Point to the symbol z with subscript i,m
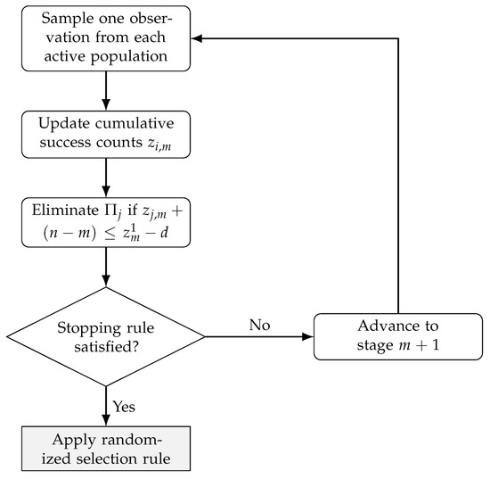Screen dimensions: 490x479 [159, 145]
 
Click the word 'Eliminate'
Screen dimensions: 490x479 [65, 210]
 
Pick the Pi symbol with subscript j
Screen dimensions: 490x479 [113, 211]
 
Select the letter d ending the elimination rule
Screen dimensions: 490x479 [164, 233]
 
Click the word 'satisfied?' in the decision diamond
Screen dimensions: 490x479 [106, 347]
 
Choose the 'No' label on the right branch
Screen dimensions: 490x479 [259, 325]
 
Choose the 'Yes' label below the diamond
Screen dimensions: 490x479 [124, 407]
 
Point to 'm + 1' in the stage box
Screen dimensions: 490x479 [419, 345]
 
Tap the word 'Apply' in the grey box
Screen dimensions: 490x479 [74, 441]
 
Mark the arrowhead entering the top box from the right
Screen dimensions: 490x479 [197, 38]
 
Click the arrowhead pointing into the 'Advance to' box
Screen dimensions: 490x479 [307, 336]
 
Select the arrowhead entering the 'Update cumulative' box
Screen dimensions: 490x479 [106, 104]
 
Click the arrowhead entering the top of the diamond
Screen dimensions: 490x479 [106, 281]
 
